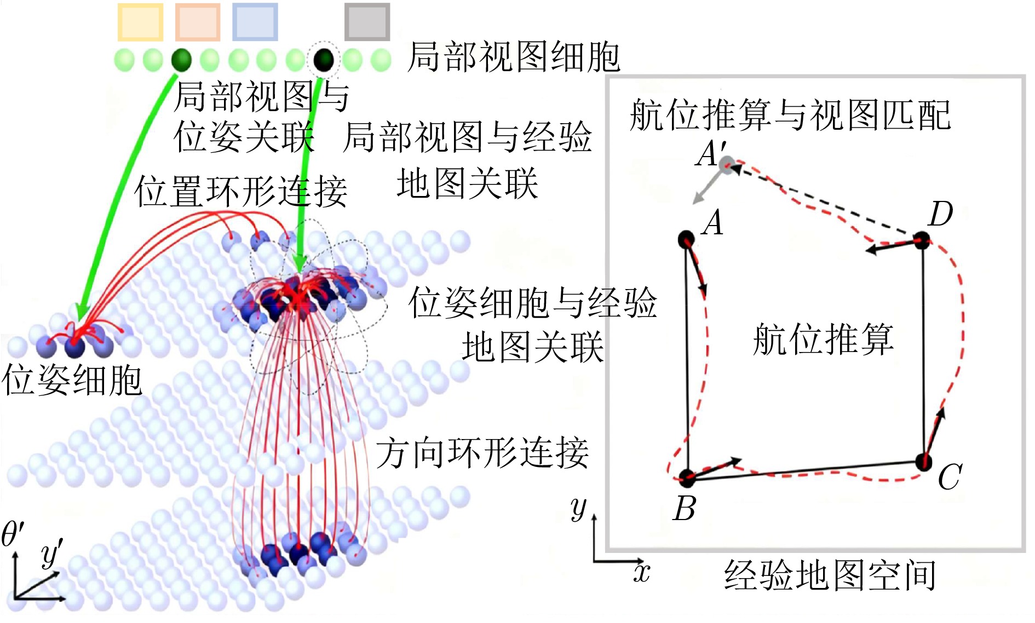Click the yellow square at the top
coord(141,22)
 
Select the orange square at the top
coord(198,22)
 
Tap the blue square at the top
coord(255,22)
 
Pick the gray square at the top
coord(367,22)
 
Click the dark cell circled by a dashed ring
coord(324,59)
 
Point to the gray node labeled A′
coord(727,164)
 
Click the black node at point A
coord(686,239)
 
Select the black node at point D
coord(922,240)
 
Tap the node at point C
coord(924,462)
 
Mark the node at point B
coord(687,478)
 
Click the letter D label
coord(941,214)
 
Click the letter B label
coord(685,509)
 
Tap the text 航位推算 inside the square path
coord(823,339)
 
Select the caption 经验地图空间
coord(830,575)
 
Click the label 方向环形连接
coord(482,453)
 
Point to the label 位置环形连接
coord(241,192)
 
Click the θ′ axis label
coord(13,534)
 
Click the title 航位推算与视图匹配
coord(790,115)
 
